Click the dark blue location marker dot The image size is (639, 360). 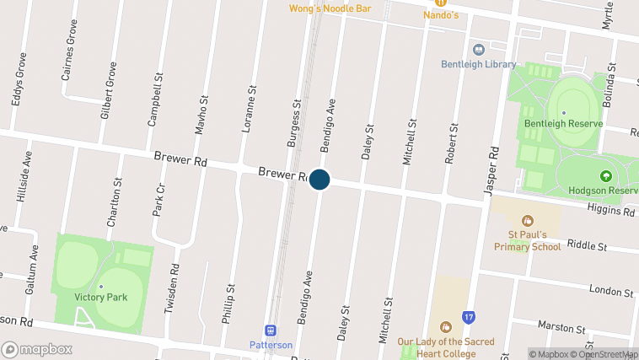[x=319, y=180]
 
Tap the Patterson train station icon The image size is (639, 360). [x=271, y=330]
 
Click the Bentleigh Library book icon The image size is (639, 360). [x=479, y=50]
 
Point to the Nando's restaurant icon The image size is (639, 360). [x=440, y=3]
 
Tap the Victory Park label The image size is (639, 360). [x=100, y=297]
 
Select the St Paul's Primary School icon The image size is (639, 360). [x=528, y=221]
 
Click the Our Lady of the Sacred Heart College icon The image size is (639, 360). [x=444, y=327]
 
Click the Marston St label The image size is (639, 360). [x=562, y=327]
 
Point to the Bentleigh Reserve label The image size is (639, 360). [x=563, y=123]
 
